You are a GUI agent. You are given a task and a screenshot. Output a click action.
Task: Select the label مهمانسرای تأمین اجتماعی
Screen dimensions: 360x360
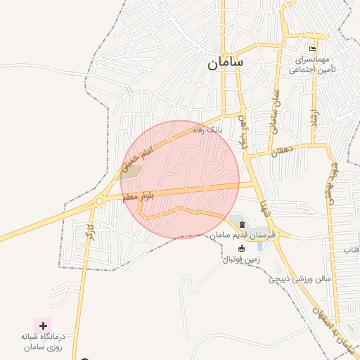pos(313,65)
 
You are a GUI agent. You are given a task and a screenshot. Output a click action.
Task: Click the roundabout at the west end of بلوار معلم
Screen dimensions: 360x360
pos(99,201)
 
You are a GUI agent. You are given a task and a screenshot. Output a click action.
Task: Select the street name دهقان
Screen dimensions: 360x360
pos(285,150)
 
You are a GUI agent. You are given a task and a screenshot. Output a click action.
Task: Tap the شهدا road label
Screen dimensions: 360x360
pos(265,208)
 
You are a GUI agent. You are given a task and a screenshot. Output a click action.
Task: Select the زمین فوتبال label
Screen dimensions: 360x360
pos(241,259)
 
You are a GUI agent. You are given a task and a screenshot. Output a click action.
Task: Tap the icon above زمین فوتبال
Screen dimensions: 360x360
pos(241,248)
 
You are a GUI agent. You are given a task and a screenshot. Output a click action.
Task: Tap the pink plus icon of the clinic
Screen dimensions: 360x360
pos(44,326)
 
